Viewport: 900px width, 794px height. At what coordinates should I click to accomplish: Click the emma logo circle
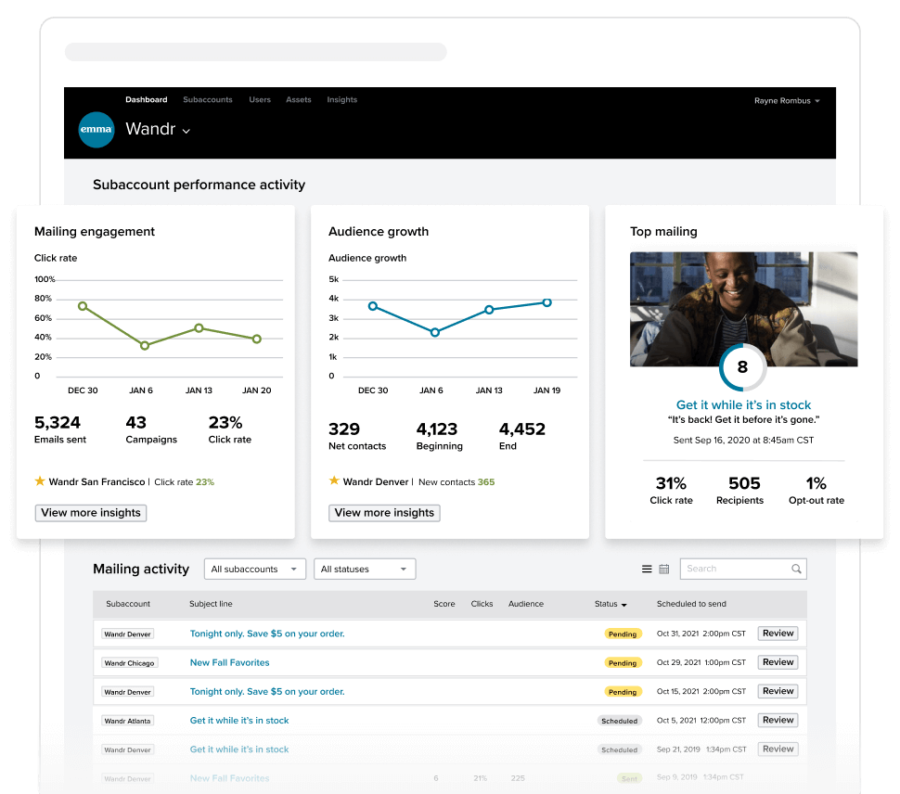coord(96,130)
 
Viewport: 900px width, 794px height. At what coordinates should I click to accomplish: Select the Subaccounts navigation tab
coord(208,100)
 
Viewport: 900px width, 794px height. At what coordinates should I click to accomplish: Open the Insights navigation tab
coord(341,100)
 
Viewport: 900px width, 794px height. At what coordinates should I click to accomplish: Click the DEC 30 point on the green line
coord(83,306)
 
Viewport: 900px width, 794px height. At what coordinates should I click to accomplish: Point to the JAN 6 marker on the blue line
coord(435,332)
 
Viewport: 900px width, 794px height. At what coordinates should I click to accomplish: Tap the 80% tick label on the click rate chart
coord(44,299)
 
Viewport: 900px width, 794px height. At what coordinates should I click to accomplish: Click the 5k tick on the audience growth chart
coord(334,279)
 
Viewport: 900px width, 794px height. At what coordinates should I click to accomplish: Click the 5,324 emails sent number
coord(58,423)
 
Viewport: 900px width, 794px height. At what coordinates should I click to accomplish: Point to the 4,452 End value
coord(522,429)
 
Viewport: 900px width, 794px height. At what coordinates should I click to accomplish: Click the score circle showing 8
coord(742,367)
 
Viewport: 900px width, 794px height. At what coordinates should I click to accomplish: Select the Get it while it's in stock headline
coord(743,405)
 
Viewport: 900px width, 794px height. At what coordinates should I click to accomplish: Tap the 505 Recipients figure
coord(744,483)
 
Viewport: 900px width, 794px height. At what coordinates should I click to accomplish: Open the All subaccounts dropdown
coord(254,570)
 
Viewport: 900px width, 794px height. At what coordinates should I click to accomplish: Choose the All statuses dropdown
coord(365,570)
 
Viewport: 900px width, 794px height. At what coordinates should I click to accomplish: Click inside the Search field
coord(737,569)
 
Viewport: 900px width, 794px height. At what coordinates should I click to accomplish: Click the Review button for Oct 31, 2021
coord(778,634)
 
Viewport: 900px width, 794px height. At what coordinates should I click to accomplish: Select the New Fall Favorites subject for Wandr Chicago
coord(229,663)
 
